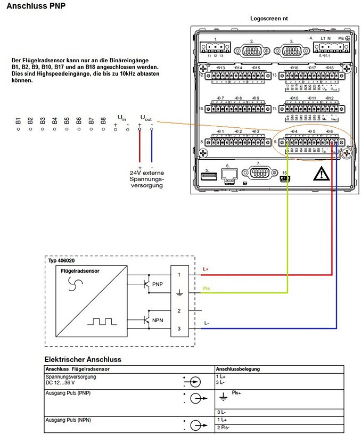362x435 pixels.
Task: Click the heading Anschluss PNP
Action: click(x=35, y=7)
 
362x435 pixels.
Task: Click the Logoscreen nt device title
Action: click(x=269, y=18)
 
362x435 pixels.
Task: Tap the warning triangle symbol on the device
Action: click(x=321, y=173)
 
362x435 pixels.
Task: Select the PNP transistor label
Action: click(x=158, y=284)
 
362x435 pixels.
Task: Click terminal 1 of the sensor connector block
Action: click(x=179, y=274)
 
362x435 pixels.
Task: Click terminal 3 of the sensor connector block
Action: click(x=179, y=329)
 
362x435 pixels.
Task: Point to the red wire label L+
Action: click(x=207, y=269)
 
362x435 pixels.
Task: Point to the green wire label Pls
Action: click(x=208, y=289)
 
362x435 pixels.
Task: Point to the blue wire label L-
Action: click(x=207, y=323)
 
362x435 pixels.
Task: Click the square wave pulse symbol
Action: click(x=103, y=322)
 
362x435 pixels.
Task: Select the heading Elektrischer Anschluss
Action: click(x=83, y=359)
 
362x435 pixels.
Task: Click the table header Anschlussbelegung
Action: click(x=238, y=368)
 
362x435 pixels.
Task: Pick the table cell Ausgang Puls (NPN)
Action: click(x=69, y=421)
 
